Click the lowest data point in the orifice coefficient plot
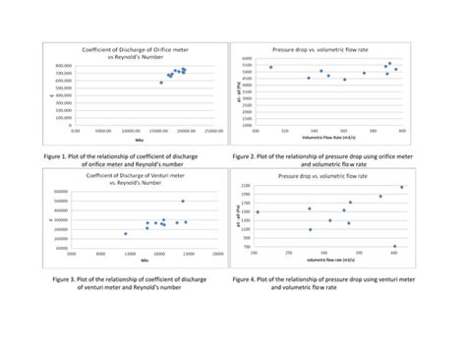point(161,83)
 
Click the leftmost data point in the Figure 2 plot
point(271,68)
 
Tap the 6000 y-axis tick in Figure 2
point(246,58)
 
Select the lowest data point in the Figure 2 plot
point(344,80)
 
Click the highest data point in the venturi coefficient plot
point(182,201)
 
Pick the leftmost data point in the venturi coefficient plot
point(126,234)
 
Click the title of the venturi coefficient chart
point(130,177)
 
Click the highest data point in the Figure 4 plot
point(401,187)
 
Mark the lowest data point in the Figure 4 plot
point(394,246)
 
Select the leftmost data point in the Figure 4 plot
point(257,211)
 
